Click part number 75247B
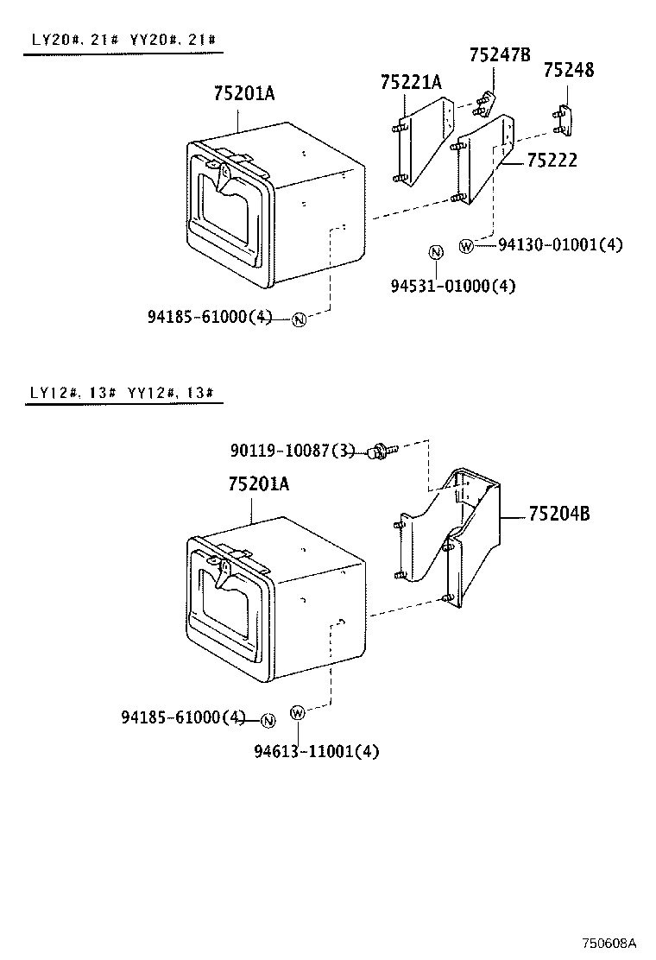500,55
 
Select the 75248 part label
569,71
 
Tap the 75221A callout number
411,82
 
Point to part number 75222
552,161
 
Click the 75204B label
558,515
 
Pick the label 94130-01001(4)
559,245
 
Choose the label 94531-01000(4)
453,286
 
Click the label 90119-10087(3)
293,451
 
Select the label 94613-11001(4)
316,751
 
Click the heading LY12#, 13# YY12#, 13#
122,392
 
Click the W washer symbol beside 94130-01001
466,246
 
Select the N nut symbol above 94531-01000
436,252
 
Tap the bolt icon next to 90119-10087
379,450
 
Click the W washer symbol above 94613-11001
298,712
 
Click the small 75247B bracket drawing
485,104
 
